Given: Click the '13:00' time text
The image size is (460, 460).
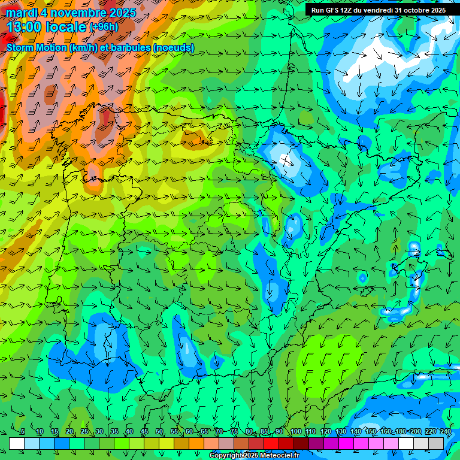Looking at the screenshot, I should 24,26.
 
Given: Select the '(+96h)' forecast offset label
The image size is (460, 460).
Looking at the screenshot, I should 104,27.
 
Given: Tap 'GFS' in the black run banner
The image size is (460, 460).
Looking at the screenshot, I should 334,10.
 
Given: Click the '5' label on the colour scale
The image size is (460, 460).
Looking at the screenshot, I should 23,431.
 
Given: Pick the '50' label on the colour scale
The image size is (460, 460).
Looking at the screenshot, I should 159,431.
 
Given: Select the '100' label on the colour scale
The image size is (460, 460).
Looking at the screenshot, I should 295,431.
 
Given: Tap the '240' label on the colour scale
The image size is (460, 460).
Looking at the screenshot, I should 446,431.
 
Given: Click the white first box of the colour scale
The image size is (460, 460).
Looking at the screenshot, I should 17,443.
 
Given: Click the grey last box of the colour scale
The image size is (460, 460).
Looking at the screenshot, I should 436,443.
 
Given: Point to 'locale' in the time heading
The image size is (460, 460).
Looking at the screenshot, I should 65,26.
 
